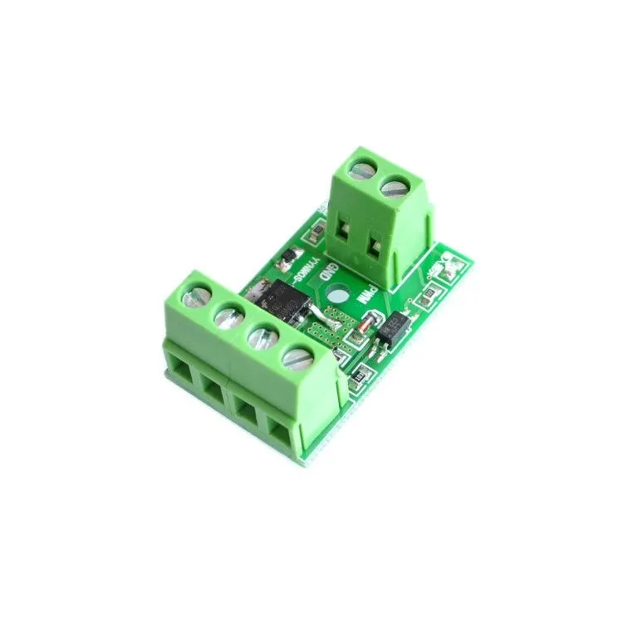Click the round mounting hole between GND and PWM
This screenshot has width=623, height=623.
click(339, 295)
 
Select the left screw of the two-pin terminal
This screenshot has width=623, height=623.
click(362, 173)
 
